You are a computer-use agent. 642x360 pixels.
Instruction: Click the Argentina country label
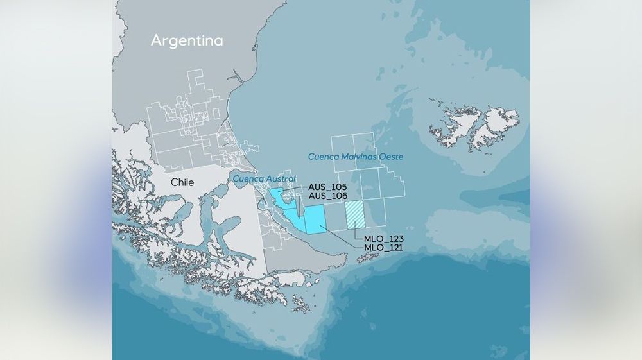187,40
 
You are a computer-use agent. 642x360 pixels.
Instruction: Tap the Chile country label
182,183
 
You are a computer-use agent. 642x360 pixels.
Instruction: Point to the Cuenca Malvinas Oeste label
359,156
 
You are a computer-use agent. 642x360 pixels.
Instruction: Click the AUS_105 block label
328,187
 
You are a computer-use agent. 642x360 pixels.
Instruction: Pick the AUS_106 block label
328,196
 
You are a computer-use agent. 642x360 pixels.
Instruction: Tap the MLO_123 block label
383,239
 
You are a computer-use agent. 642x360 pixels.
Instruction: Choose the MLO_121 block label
383,247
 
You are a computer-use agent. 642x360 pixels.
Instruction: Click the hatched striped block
355,214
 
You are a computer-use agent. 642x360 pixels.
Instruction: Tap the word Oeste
395,156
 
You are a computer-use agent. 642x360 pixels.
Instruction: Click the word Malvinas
363,156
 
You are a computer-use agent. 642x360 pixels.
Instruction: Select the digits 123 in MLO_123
394,239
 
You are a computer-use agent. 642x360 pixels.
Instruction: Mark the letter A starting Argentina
156,40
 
